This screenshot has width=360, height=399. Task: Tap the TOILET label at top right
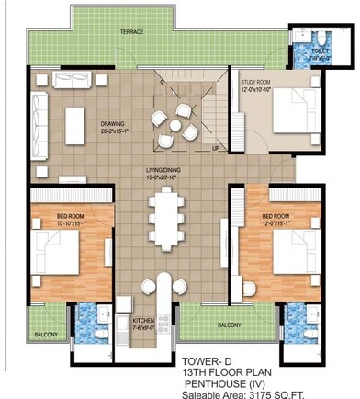pyautogui.click(x=320, y=52)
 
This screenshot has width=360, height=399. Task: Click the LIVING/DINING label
pyautogui.click(x=166, y=171)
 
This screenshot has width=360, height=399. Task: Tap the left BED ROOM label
pyautogui.click(x=52, y=218)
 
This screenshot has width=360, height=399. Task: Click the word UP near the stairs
pyautogui.click(x=215, y=148)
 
